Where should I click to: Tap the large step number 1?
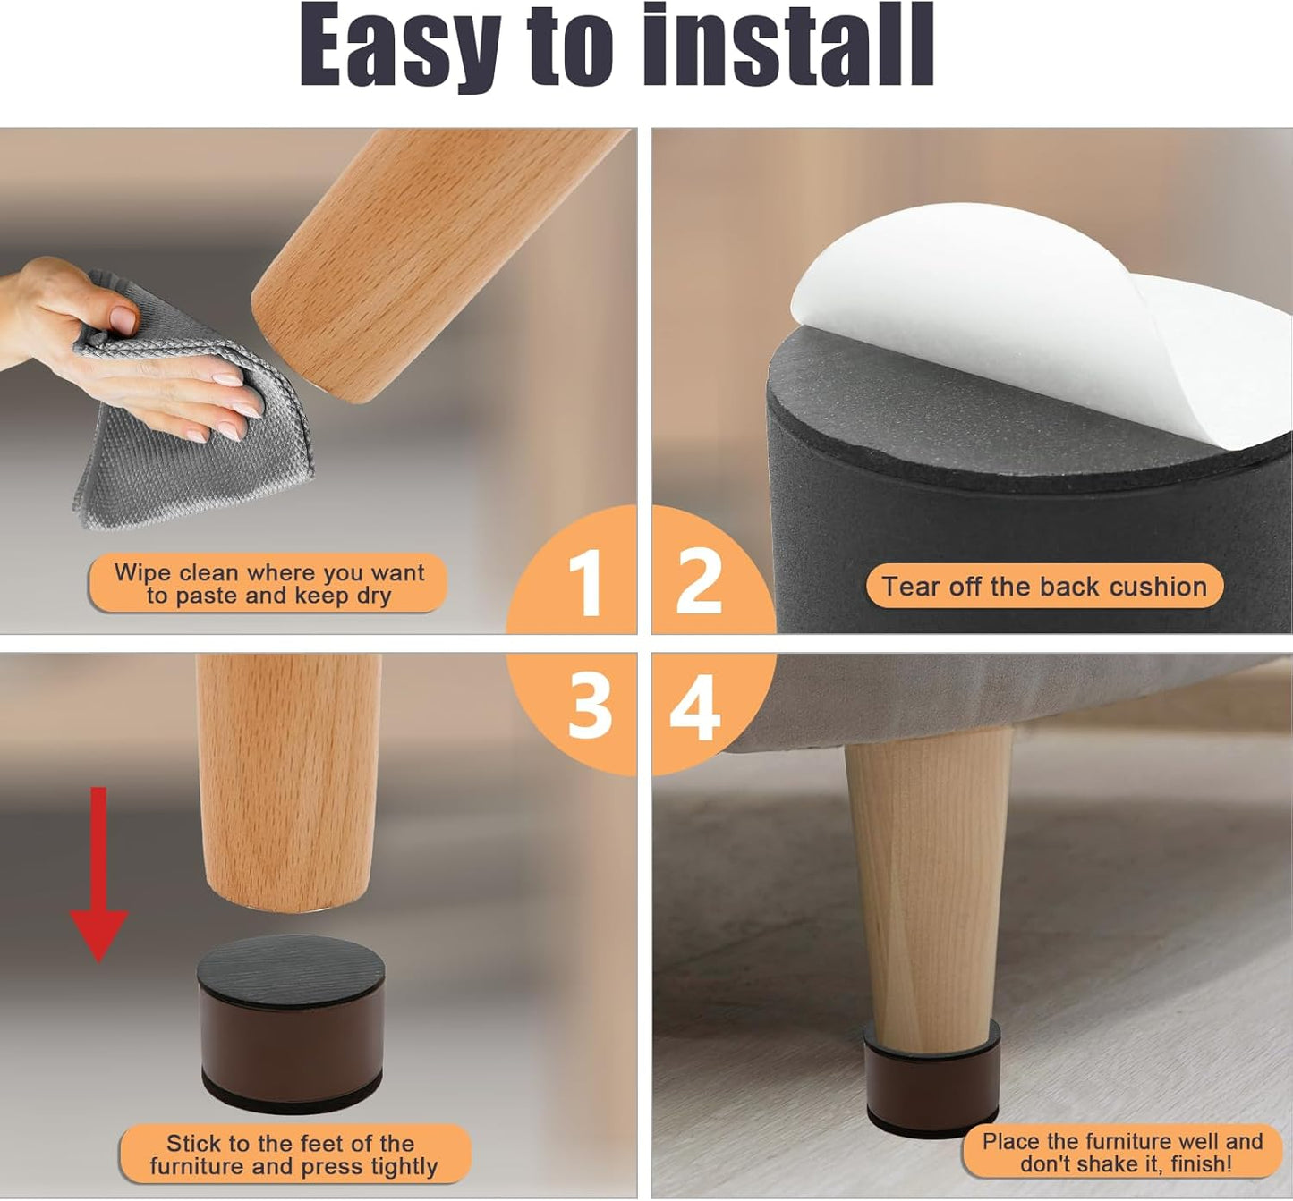click(x=584, y=581)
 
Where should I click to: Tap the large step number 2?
click(x=699, y=580)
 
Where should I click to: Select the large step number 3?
click(x=590, y=706)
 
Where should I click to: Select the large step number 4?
click(x=694, y=706)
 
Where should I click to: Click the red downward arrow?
click(x=99, y=875)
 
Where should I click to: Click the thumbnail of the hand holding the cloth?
click(x=131, y=351)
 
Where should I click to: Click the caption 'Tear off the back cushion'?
click(x=1044, y=587)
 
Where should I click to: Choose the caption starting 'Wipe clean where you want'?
click(x=268, y=583)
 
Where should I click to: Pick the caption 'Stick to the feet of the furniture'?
click(x=293, y=1154)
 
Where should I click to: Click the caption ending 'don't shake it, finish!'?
click(x=1122, y=1152)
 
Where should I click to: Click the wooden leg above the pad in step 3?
click(x=289, y=781)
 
